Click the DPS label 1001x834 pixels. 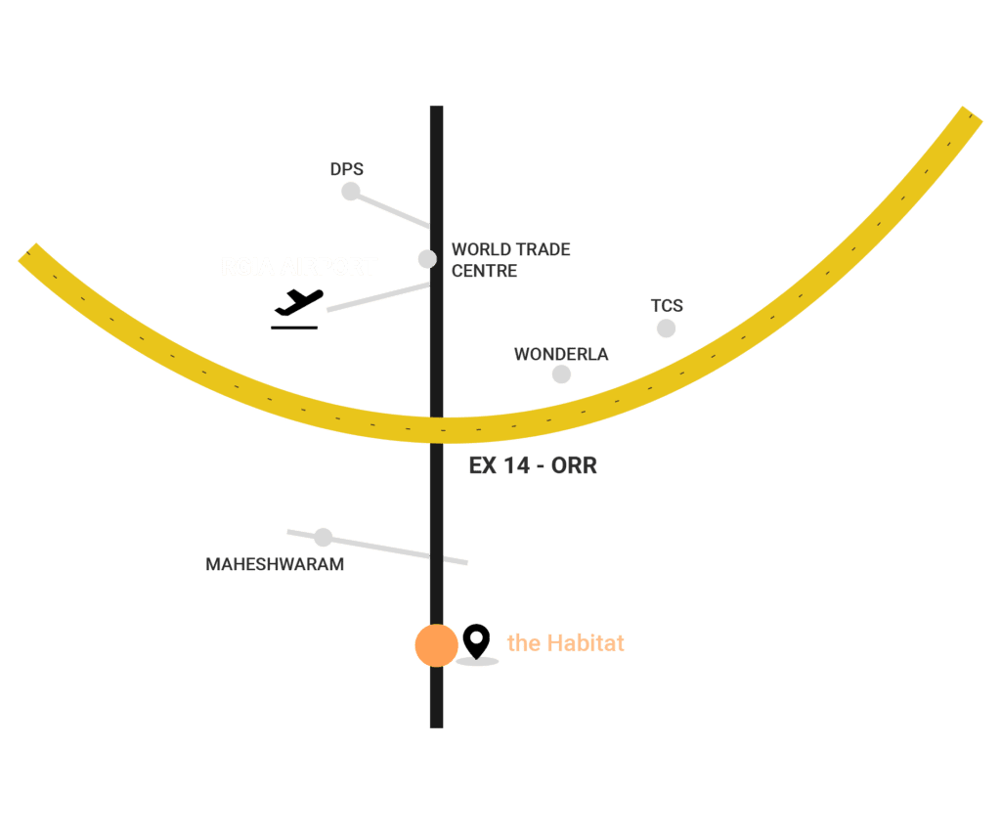tap(347, 170)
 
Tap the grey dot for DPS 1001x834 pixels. tap(351, 192)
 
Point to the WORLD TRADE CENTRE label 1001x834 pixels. tap(510, 260)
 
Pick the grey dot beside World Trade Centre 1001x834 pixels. tap(427, 259)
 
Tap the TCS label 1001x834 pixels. tap(667, 306)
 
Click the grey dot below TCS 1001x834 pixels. tap(666, 329)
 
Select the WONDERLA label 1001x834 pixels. tap(561, 354)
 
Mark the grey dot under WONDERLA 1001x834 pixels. tap(561, 374)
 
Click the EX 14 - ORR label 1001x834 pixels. tap(533, 466)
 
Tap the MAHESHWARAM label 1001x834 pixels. tap(275, 564)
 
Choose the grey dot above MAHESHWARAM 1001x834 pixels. tap(324, 537)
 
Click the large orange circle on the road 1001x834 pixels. tap(436, 646)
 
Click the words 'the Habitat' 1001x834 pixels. tap(565, 643)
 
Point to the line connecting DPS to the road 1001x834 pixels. tap(391, 209)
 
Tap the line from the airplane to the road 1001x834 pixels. tap(377, 297)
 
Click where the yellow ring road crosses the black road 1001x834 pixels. tap(436, 429)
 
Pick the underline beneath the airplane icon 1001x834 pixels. tap(294, 328)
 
